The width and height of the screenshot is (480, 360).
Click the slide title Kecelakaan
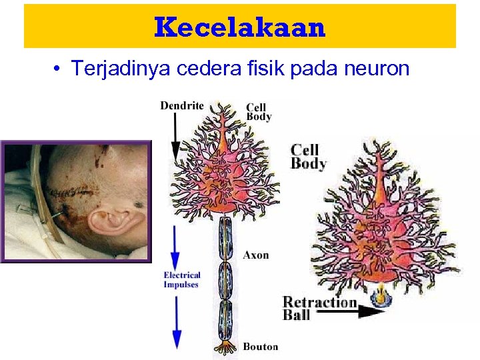pyautogui.click(x=240, y=27)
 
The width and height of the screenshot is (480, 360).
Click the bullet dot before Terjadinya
pyautogui.click(x=59, y=69)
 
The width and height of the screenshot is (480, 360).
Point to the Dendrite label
pyautogui.click(x=181, y=106)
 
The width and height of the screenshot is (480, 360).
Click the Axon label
pyautogui.click(x=256, y=255)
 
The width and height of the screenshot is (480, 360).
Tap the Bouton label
pyautogui.click(x=260, y=346)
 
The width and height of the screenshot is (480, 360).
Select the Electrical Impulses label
pyautogui.click(x=182, y=280)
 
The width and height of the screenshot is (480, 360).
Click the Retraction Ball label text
pyautogui.click(x=319, y=308)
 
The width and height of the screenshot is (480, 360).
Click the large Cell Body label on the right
pyautogui.click(x=309, y=157)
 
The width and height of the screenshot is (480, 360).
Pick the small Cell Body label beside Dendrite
pyautogui.click(x=259, y=111)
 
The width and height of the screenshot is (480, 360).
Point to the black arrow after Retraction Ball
pyautogui.click(x=371, y=309)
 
